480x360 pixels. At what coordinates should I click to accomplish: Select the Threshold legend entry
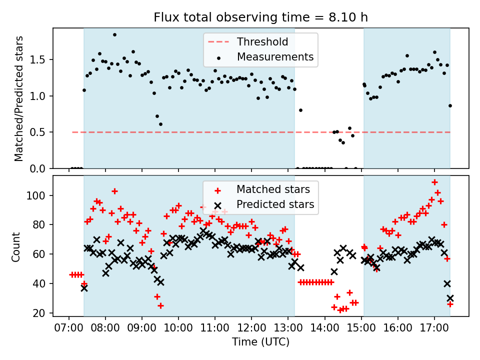[262, 41]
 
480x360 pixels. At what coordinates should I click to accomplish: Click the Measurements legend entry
[275, 56]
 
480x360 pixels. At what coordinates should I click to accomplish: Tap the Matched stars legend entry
[273, 189]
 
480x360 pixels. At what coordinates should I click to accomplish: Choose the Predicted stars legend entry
[275, 204]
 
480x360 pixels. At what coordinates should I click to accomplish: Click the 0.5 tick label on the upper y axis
[39, 132]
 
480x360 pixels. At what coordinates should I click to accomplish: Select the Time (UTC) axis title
[260, 342]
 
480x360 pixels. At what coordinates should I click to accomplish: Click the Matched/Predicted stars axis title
[19, 98]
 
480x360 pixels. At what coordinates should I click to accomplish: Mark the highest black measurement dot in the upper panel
[114, 35]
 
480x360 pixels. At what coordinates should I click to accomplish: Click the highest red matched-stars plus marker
[434, 182]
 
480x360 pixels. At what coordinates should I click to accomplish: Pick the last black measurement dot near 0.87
[450, 105]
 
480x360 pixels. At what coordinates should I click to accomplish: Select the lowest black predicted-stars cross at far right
[450, 298]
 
